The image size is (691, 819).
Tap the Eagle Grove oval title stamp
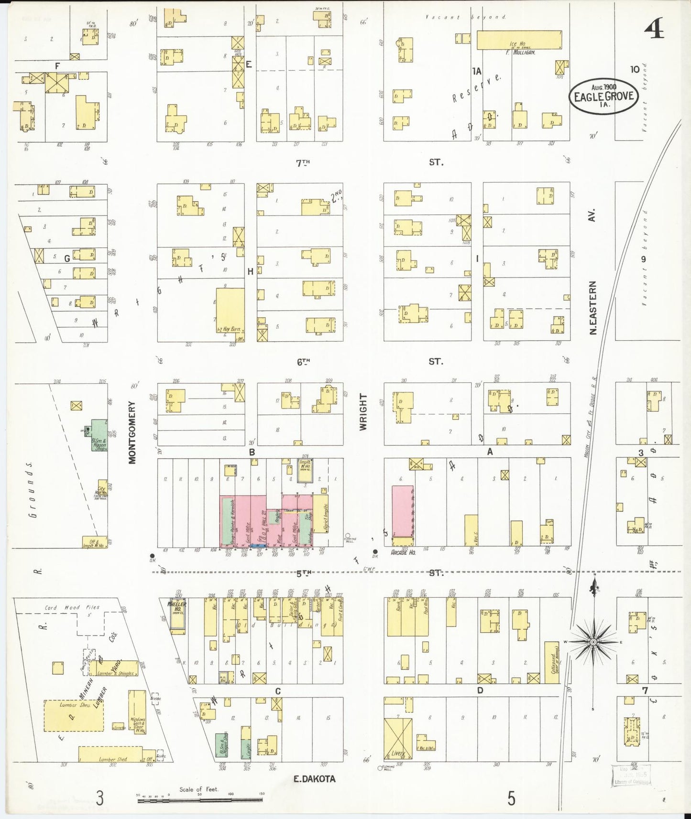(x=604, y=97)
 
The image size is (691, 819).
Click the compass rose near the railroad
(x=593, y=641)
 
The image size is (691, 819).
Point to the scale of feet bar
(x=201, y=799)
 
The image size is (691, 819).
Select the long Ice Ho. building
(x=519, y=40)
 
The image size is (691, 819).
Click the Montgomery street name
(x=132, y=432)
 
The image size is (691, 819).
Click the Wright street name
(x=363, y=412)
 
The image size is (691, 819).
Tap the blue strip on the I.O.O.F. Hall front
(x=259, y=545)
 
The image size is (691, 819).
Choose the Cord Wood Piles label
(x=72, y=607)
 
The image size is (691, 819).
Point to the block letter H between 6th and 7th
(x=250, y=271)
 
